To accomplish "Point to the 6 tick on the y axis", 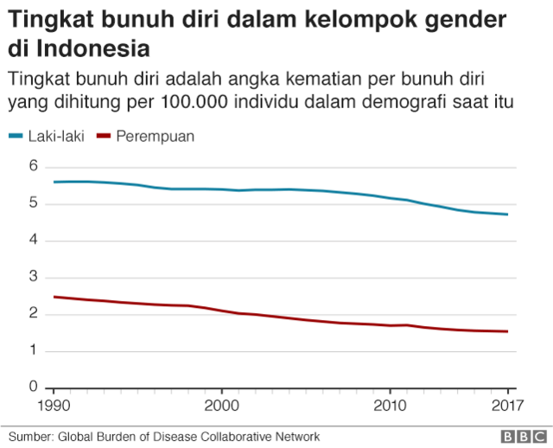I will [x=35, y=166].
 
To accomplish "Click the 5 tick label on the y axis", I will [x=35, y=203].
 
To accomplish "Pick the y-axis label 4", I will [x=35, y=240].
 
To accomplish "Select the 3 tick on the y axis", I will [x=35, y=277].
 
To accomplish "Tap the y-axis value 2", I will [x=35, y=314].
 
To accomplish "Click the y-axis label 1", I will [x=35, y=350].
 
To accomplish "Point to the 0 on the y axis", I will [x=35, y=387].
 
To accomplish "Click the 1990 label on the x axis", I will [x=54, y=404].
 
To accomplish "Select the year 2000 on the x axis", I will [x=221, y=404].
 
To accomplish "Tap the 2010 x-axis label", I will [x=390, y=404].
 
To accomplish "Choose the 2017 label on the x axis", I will [x=505, y=404].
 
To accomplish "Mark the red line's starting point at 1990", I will [x=54, y=297].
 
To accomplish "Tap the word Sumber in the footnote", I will [x=30, y=437].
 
